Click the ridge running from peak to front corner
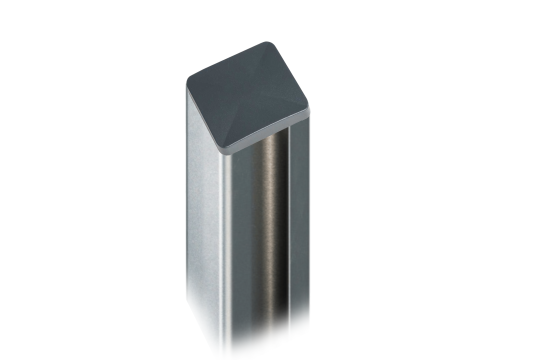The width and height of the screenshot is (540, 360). tap(239, 115)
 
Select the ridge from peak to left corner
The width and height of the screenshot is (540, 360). tap(216, 85)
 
